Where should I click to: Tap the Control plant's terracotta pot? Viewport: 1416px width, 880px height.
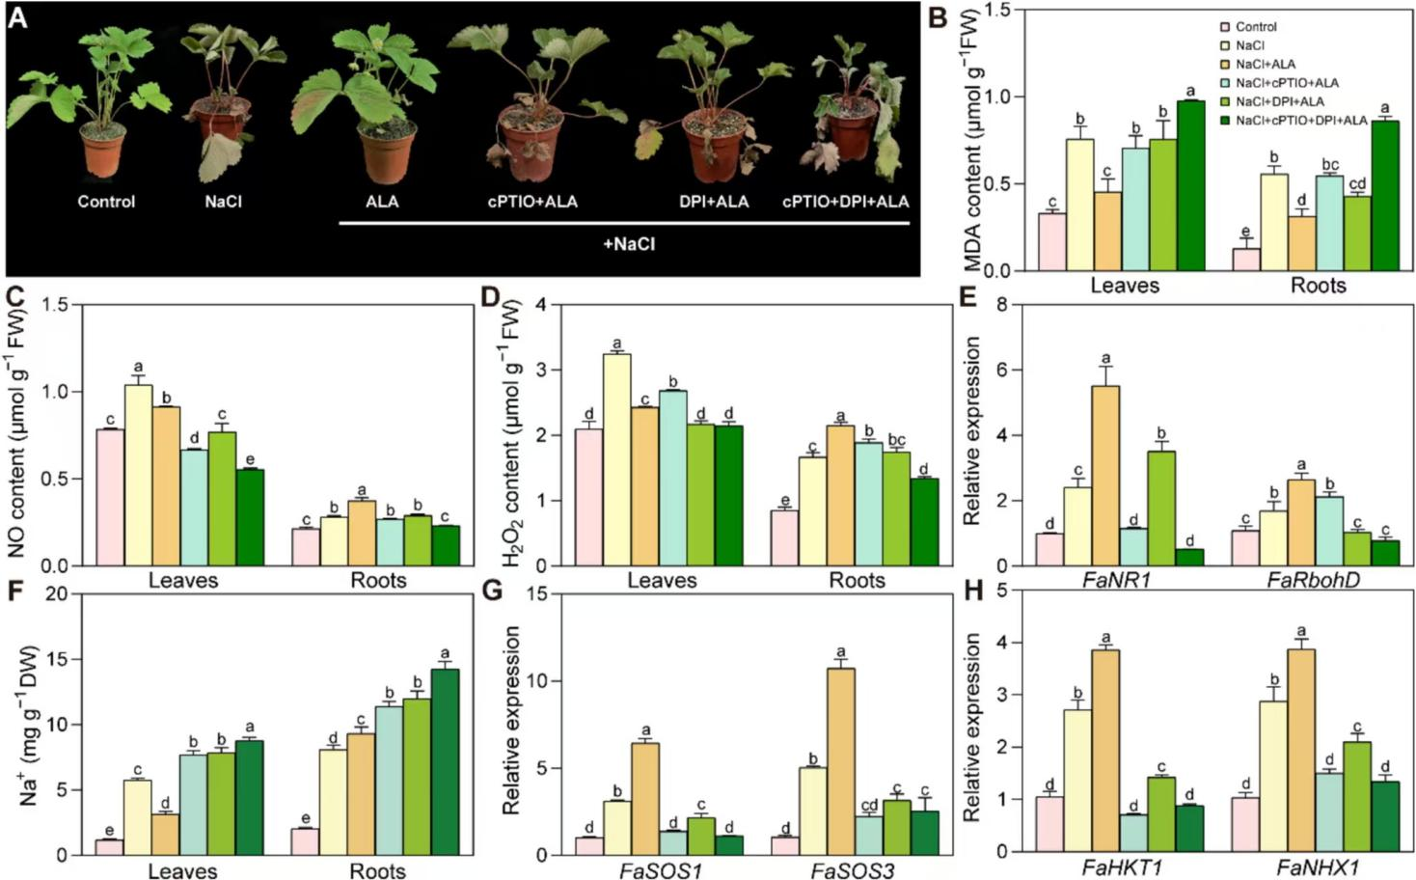(x=105, y=151)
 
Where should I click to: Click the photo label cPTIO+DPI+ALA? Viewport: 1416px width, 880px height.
(x=845, y=202)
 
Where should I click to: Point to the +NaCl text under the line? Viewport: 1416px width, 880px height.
(x=628, y=245)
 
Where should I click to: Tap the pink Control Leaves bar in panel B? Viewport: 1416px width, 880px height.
(x=1051, y=241)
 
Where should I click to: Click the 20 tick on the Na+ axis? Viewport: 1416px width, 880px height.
(x=63, y=593)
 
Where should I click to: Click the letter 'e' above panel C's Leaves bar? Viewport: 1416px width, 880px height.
(x=250, y=459)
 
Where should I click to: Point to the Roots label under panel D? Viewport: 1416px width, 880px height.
(x=858, y=580)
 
